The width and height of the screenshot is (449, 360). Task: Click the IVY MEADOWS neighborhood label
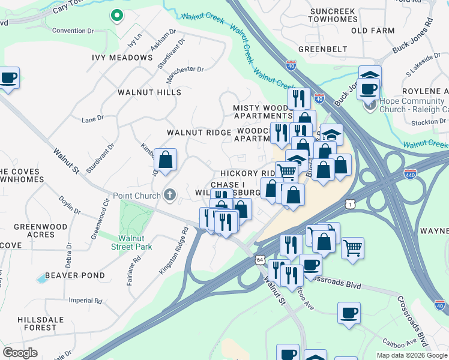pyautogui.click(x=122, y=58)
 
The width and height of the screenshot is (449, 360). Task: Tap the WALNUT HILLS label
pyautogui.click(x=149, y=92)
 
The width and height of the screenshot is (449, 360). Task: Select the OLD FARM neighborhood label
pyautogui.click(x=373, y=31)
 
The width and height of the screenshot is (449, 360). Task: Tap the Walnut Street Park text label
pyautogui.click(x=131, y=242)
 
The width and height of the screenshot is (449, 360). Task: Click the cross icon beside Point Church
pyautogui.click(x=170, y=195)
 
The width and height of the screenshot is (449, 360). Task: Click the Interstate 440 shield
pyautogui.click(x=411, y=174)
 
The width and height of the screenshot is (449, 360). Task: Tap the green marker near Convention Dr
pyautogui.click(x=116, y=16)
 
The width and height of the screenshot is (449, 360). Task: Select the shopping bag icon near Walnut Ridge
pyautogui.click(x=165, y=160)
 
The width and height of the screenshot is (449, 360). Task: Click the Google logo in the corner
pyautogui.click(x=20, y=353)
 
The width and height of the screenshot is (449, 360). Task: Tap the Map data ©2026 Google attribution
pyautogui.click(x=411, y=355)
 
